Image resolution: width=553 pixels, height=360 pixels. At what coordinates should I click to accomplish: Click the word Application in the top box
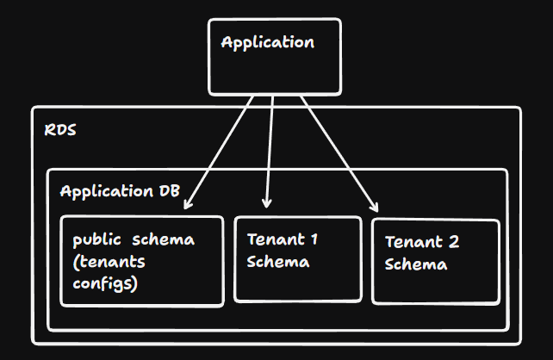point(267,42)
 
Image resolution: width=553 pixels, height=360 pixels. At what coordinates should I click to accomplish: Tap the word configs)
point(104,282)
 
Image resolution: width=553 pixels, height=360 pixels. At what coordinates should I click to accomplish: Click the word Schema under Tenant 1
point(277,262)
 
